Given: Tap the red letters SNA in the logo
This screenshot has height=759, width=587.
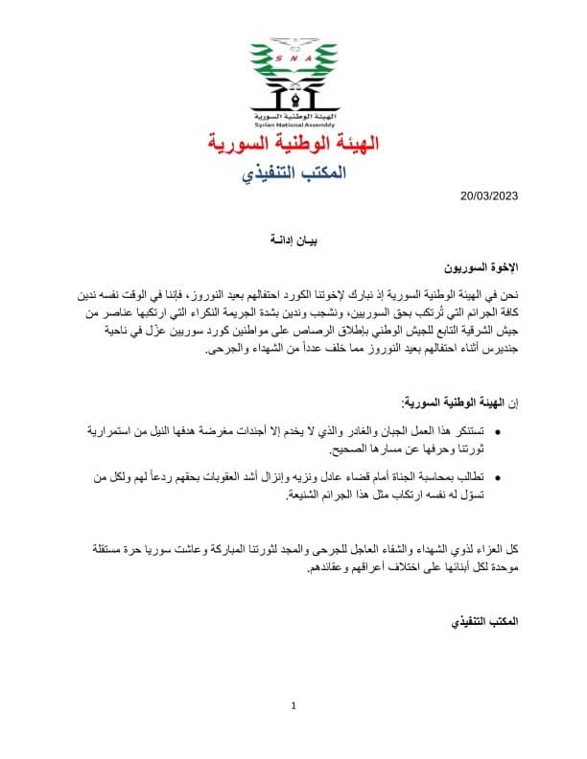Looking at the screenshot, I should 293,57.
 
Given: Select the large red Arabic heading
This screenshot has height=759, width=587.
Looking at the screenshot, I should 293,146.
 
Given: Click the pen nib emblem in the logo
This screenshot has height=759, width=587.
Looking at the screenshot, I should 293,95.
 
